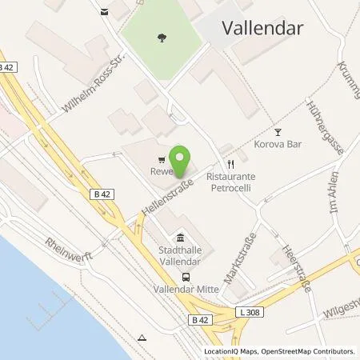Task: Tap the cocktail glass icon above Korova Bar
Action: coord(278,132)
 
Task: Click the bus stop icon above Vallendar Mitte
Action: coord(186,277)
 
